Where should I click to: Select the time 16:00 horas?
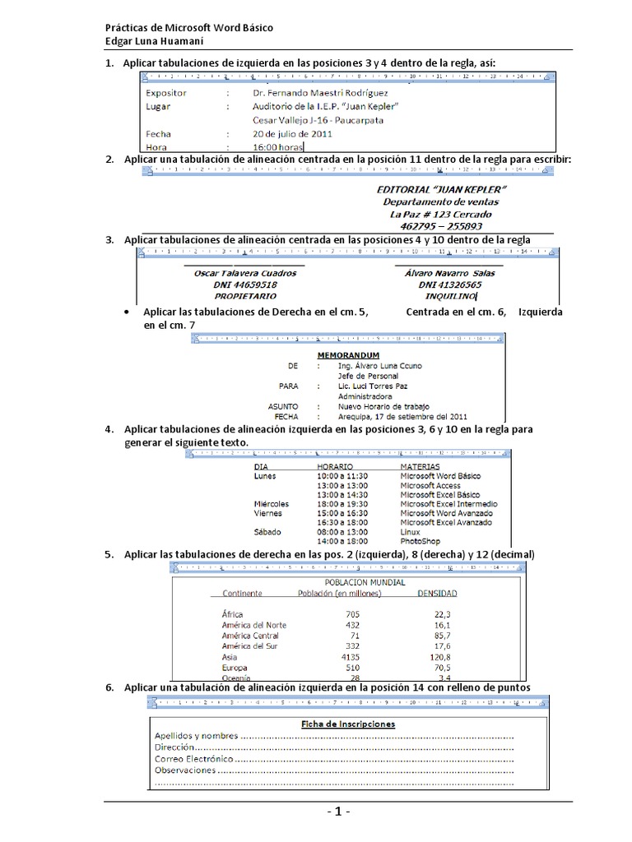(279, 146)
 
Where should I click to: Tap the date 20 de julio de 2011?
(292, 132)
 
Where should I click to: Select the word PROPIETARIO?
(245, 294)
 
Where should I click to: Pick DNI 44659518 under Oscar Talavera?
(244, 284)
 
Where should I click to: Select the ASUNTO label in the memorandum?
(283, 406)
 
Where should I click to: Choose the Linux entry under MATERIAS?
(410, 532)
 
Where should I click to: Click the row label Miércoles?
(271, 504)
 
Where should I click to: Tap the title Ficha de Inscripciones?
(346, 724)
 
